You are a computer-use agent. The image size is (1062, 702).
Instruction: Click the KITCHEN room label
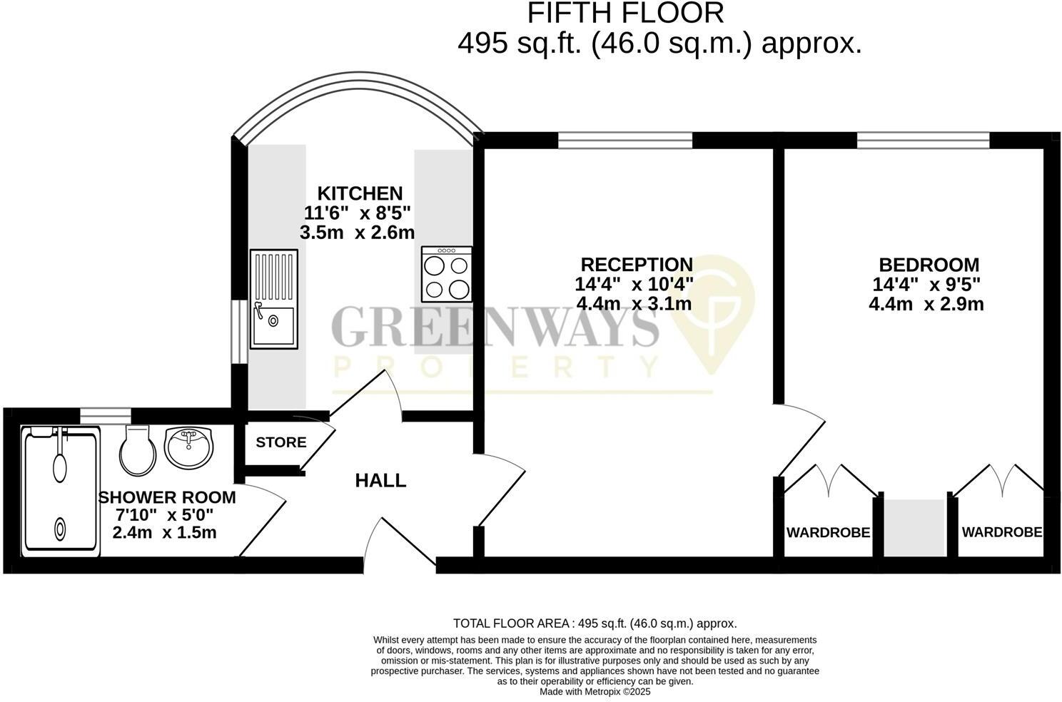360,193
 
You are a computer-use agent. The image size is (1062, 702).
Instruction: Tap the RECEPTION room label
636,265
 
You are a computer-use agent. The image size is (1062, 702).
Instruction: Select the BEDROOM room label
929,265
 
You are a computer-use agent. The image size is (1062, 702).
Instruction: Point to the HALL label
380,481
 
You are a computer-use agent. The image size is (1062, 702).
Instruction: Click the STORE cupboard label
281,442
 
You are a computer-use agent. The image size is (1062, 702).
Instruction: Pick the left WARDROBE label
828,532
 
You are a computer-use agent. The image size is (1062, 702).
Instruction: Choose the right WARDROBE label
1001,531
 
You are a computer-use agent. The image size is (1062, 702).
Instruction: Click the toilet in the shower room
137,450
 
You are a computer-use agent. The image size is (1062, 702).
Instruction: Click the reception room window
625,141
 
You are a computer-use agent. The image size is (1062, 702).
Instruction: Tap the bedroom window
923,141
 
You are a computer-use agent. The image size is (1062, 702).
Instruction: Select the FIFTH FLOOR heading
625,13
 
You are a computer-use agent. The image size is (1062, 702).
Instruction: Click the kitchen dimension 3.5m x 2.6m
358,233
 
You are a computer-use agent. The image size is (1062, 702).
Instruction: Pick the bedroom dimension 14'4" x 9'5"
926,284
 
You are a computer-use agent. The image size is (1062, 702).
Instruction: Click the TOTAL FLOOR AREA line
595,624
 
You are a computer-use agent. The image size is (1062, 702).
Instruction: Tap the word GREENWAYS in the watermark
495,328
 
